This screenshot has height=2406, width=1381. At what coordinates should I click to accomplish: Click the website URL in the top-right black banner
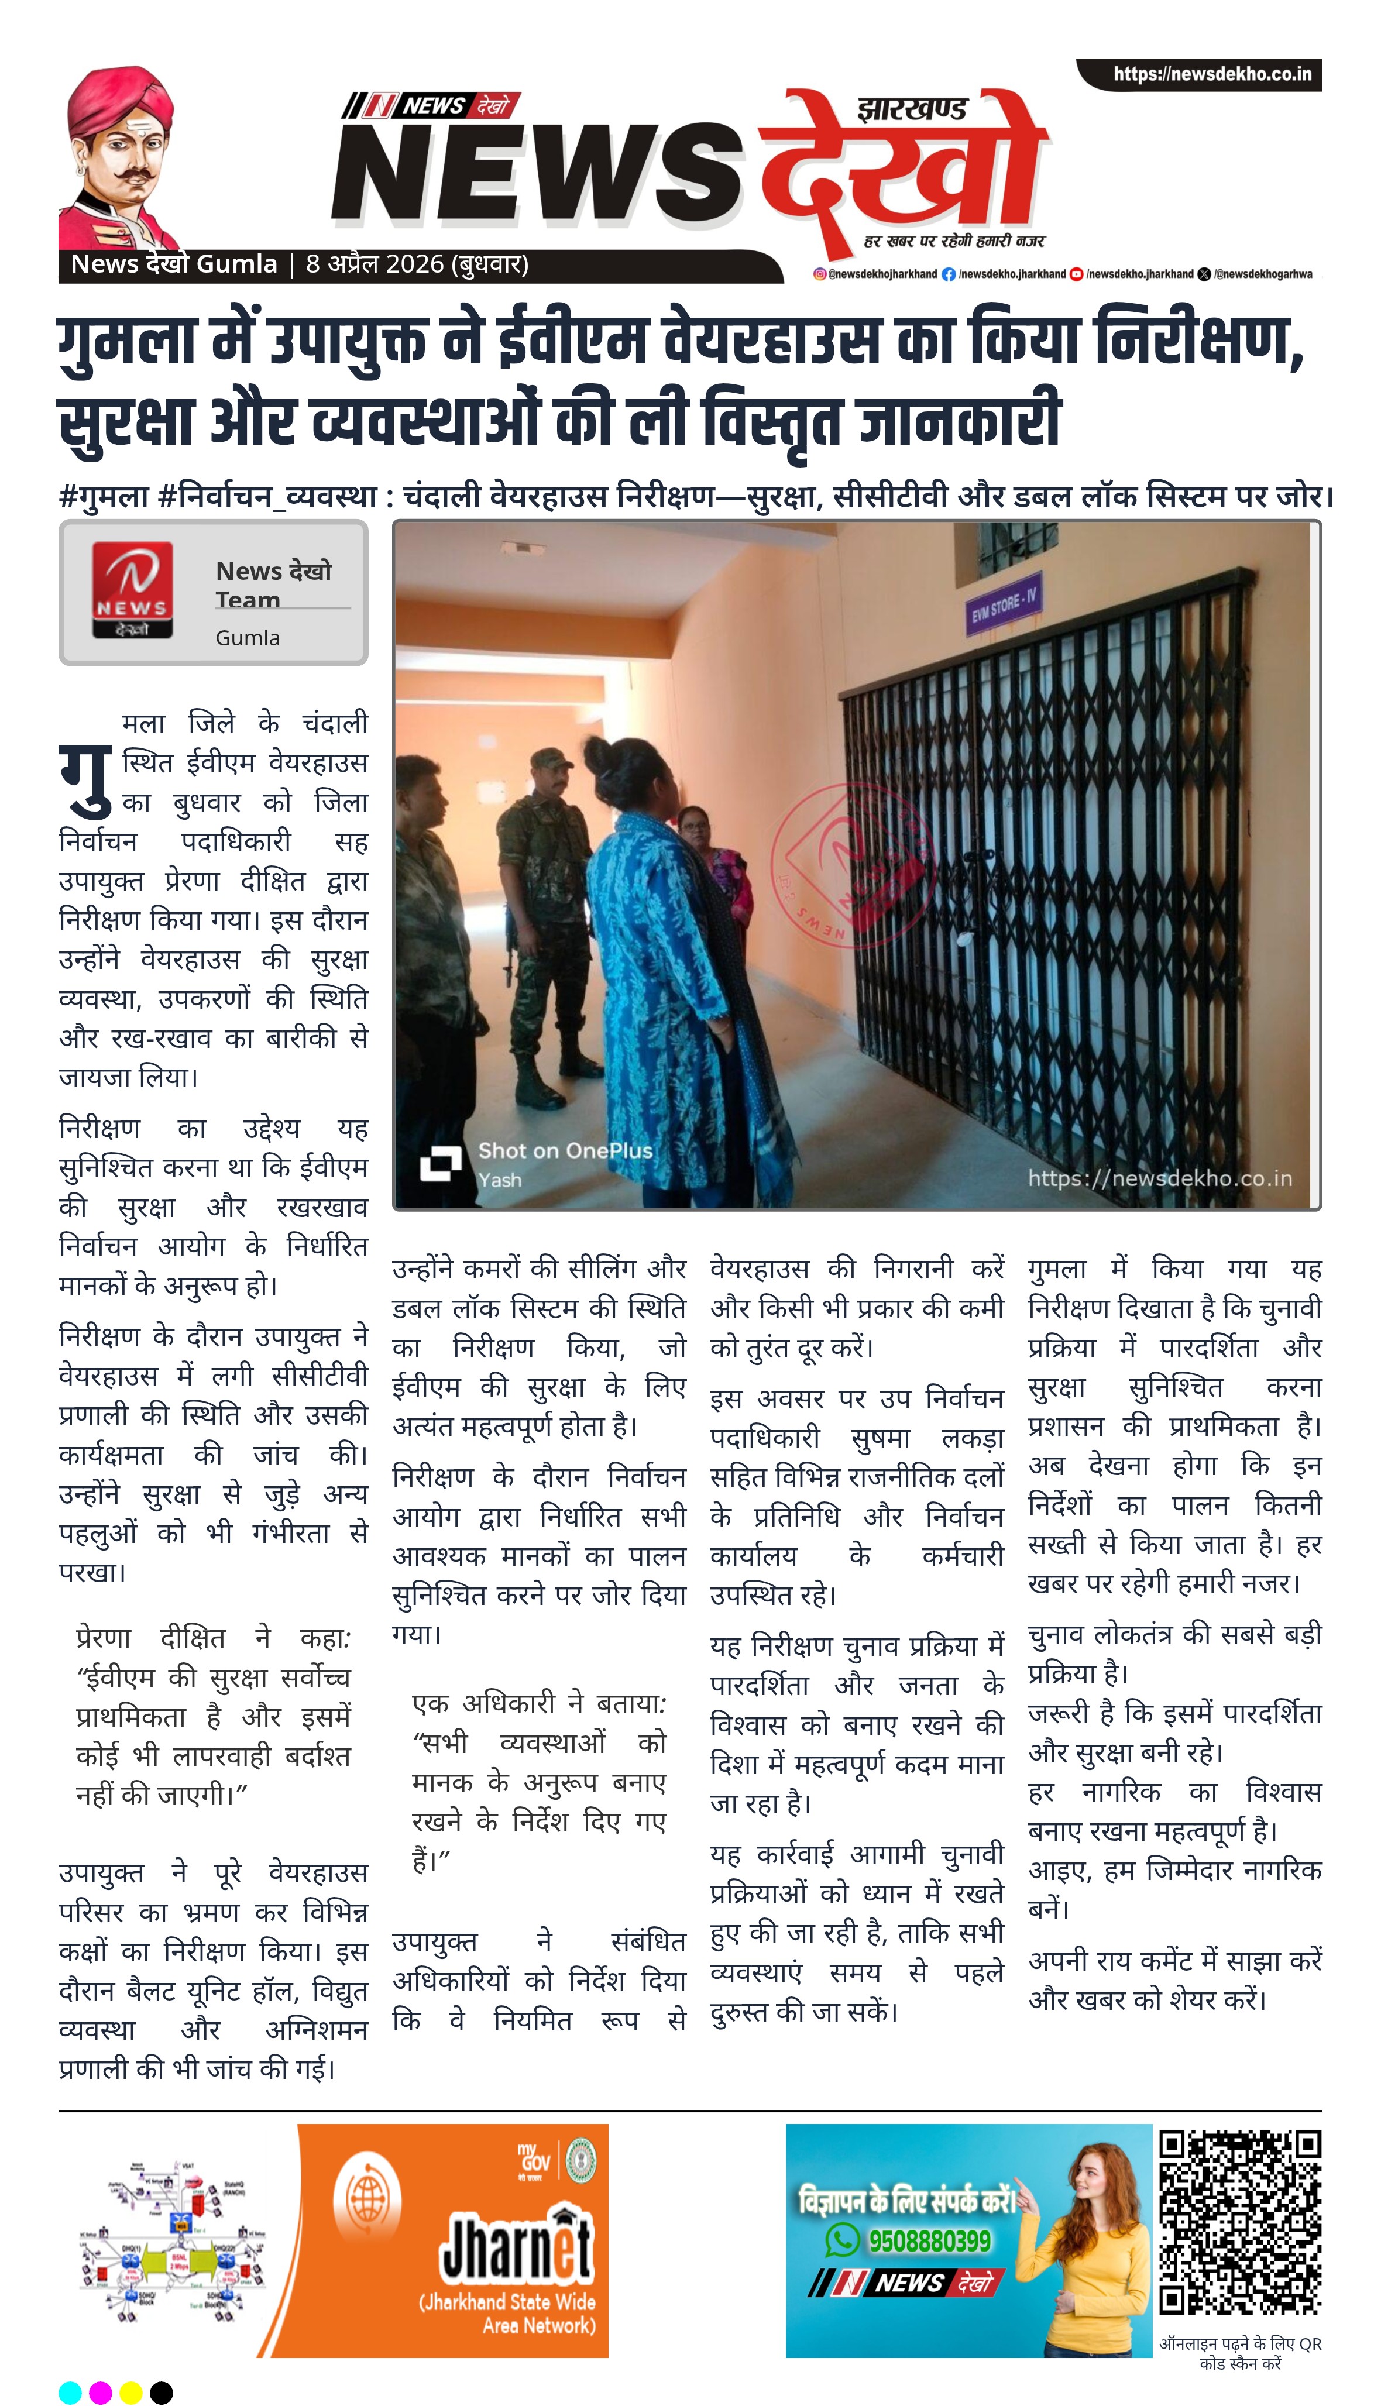click(1211, 74)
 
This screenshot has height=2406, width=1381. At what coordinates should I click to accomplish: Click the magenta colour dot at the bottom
click(101, 2392)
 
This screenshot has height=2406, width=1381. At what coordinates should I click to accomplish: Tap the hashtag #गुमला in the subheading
click(104, 496)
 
